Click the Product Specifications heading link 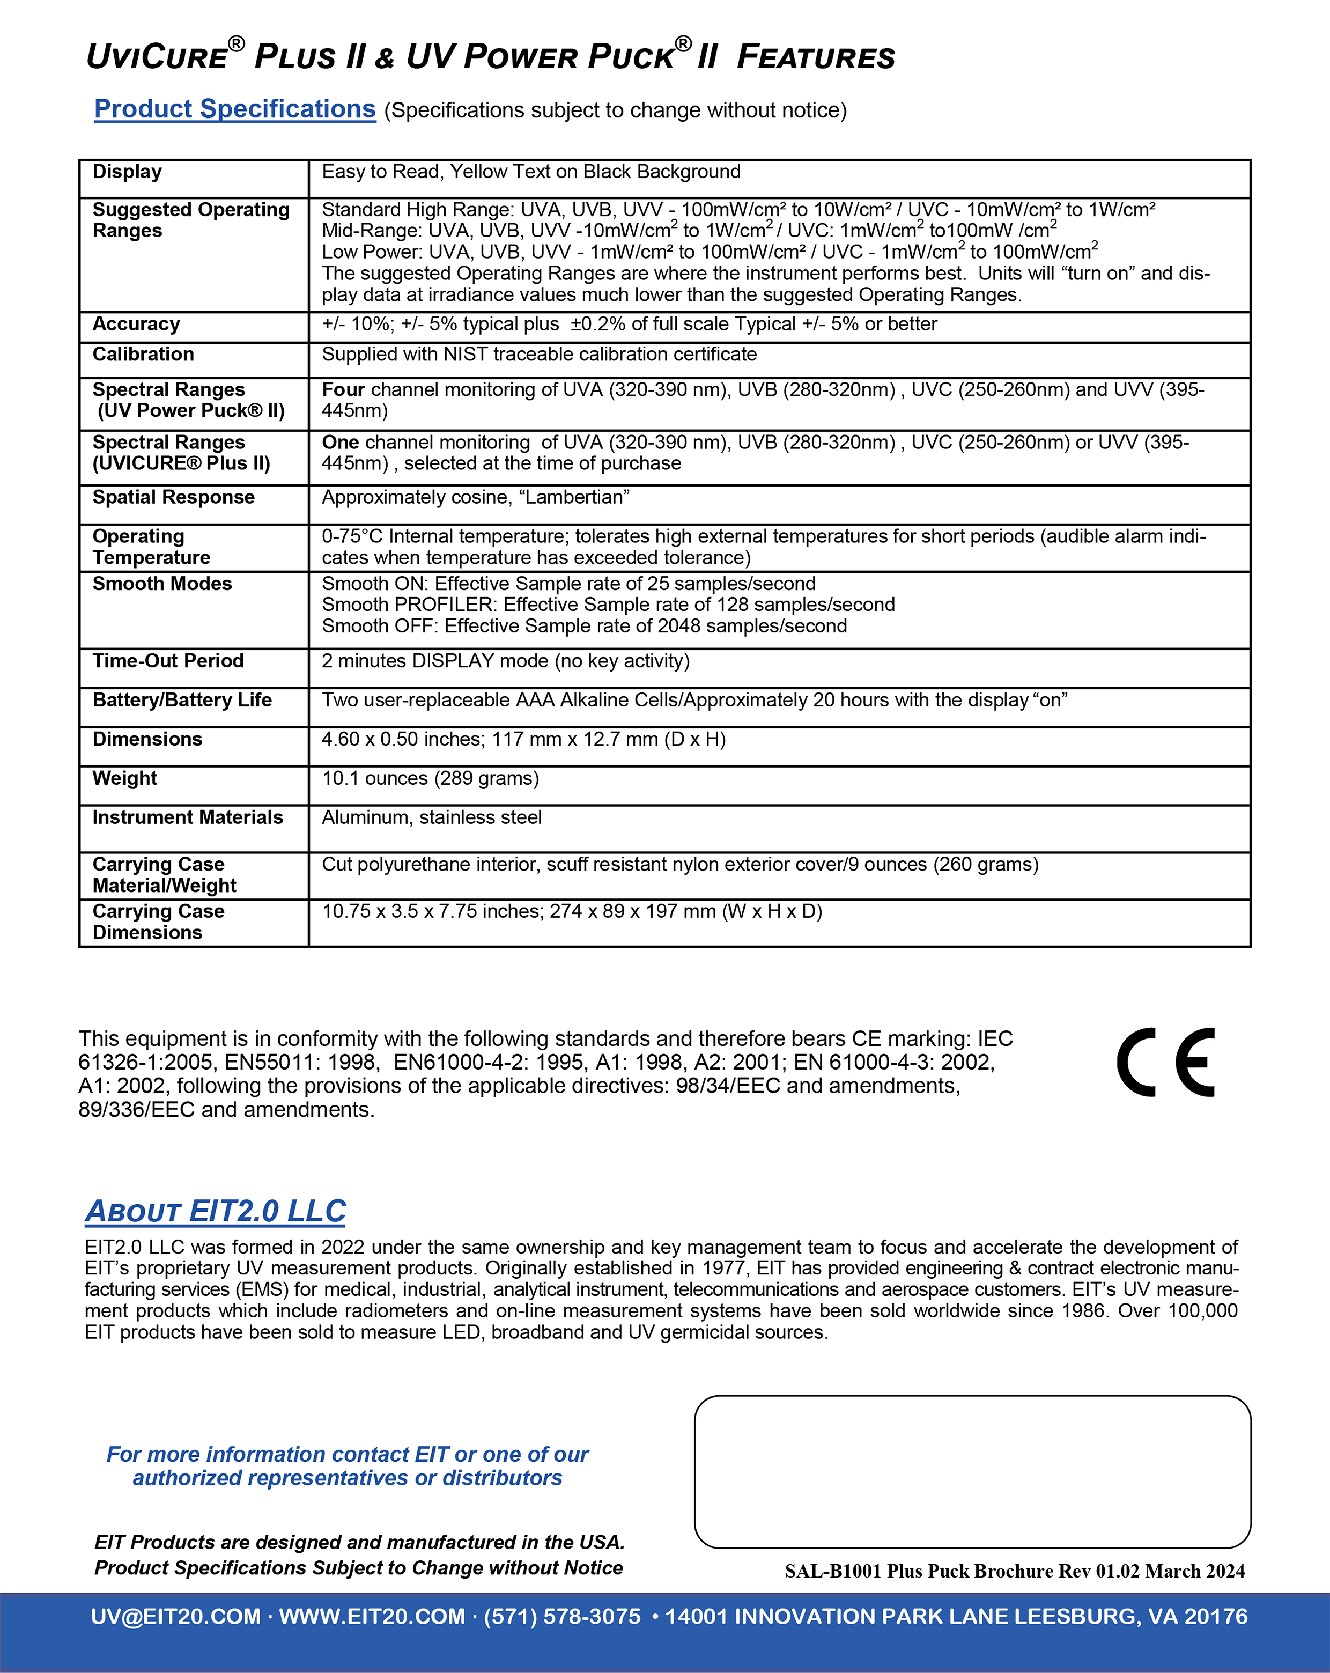(234, 109)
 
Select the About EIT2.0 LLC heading (215, 1211)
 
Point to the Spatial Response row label (173, 497)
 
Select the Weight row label (124, 778)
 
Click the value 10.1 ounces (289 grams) (430, 778)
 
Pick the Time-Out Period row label (168, 661)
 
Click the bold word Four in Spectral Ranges (343, 389)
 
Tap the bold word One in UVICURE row (340, 443)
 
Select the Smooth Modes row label (161, 584)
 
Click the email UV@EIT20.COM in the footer (175, 1616)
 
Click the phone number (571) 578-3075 (562, 1616)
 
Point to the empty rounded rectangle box (972, 1471)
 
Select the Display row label (127, 172)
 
